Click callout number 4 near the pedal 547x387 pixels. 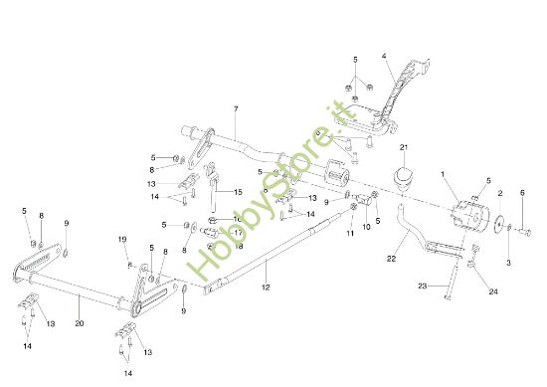click(x=383, y=57)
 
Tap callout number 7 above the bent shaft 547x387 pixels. click(x=236, y=107)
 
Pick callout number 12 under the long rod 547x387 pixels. click(x=266, y=288)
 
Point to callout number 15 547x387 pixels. click(x=238, y=191)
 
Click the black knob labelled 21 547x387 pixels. click(x=403, y=182)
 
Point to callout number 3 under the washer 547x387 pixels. click(x=508, y=263)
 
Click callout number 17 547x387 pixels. click(x=238, y=232)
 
